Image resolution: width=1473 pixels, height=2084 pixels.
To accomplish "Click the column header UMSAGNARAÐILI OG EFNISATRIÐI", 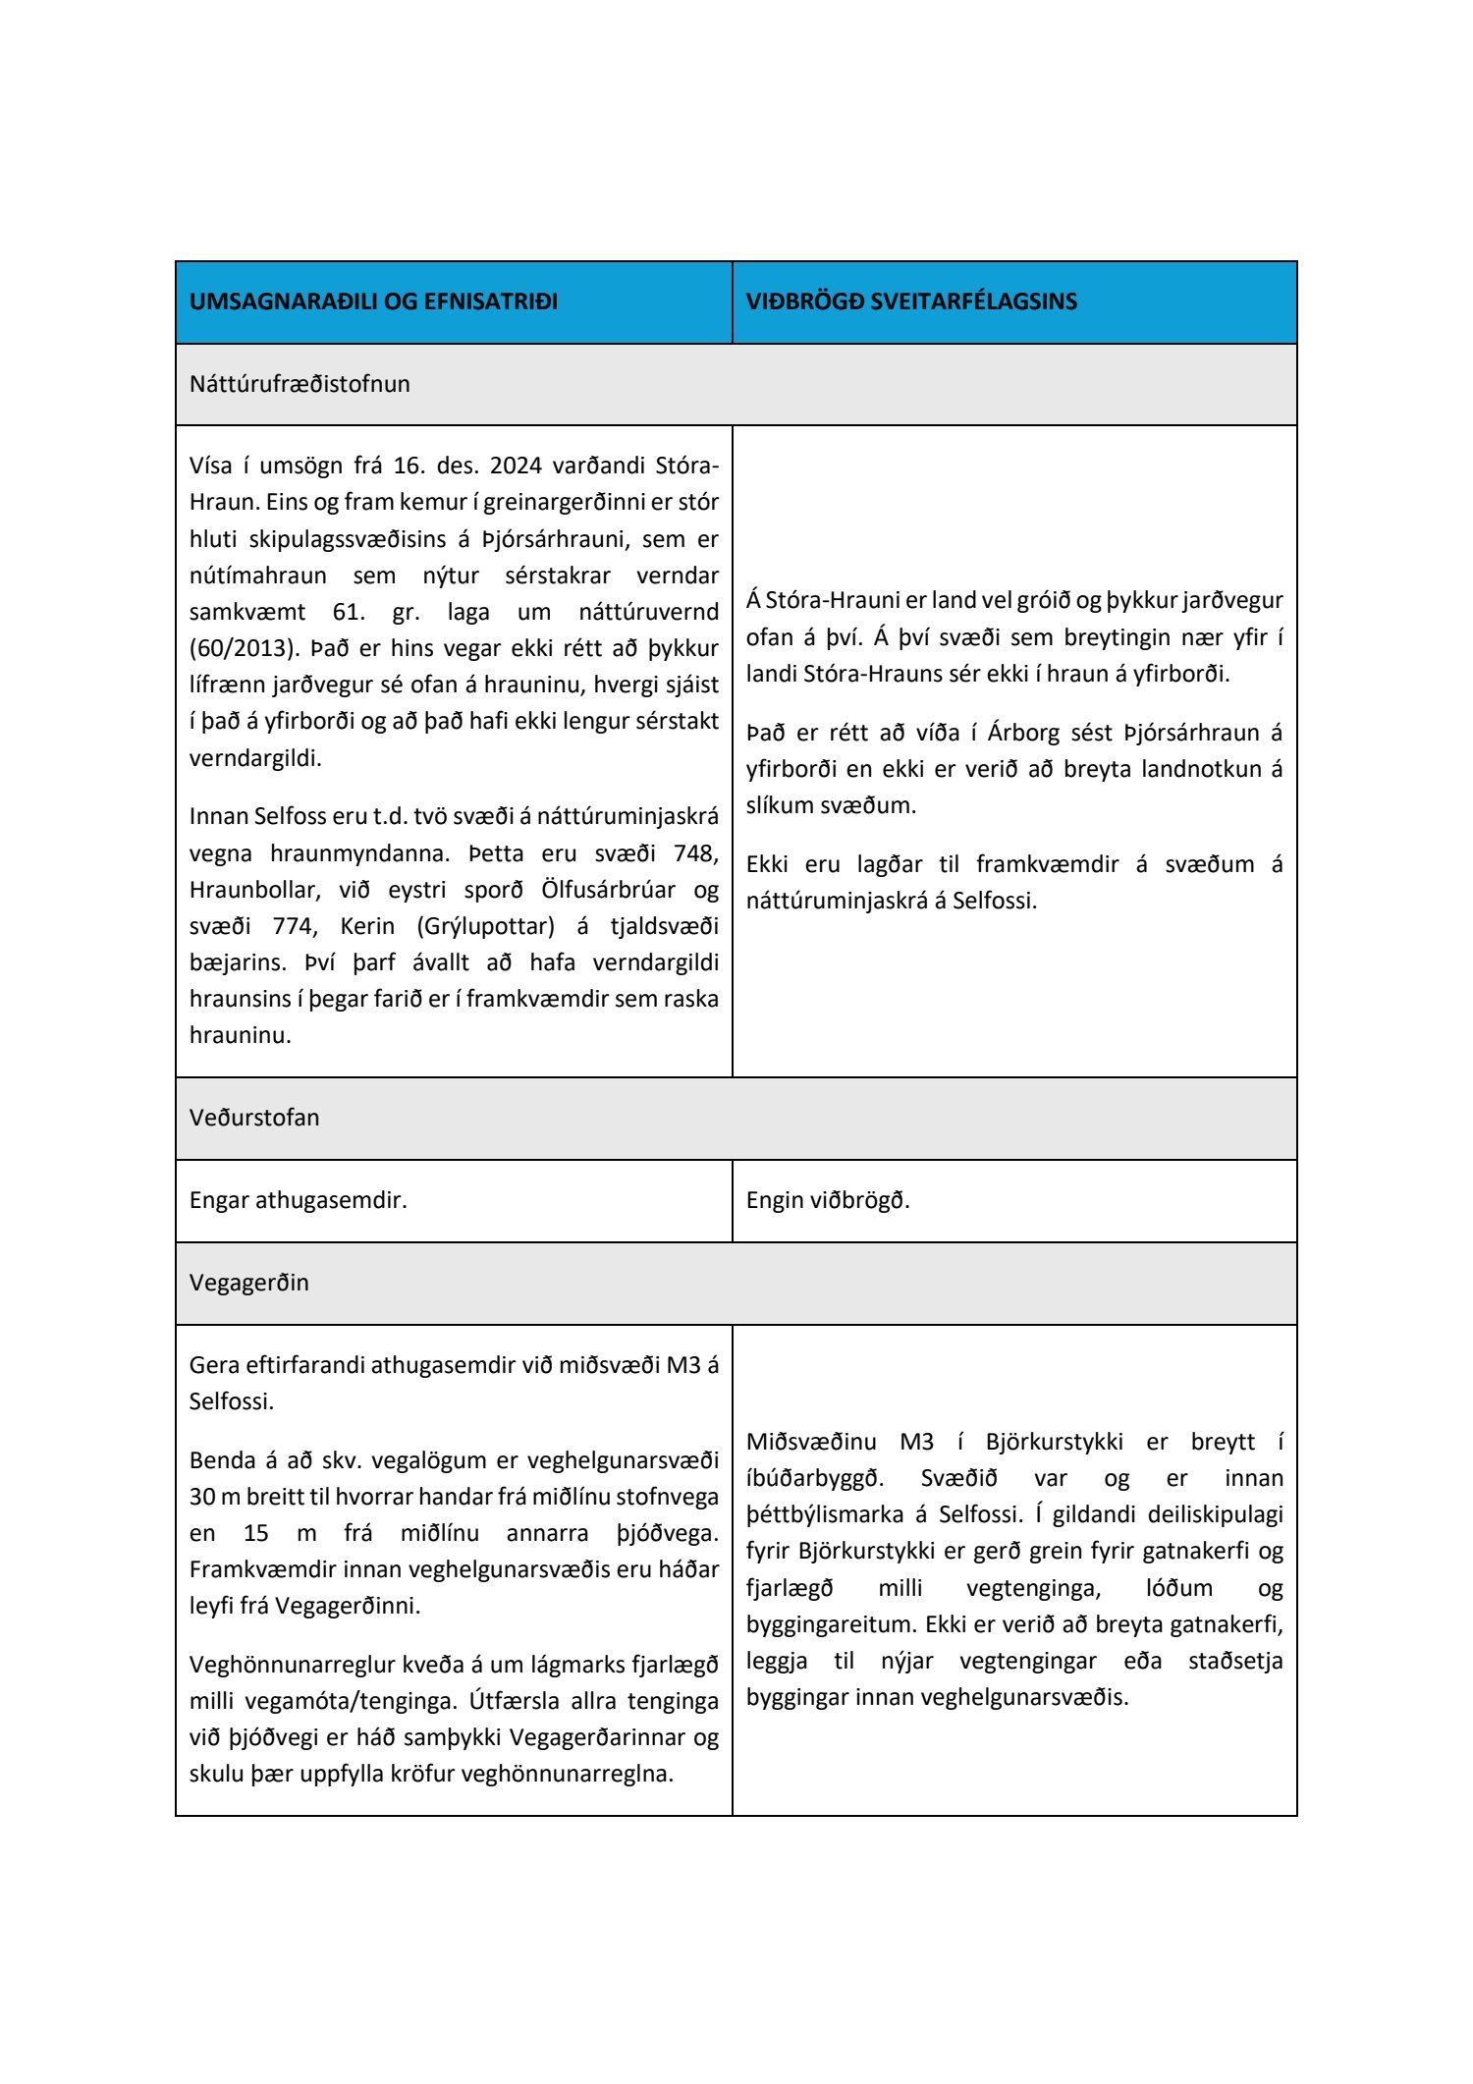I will coord(373,302).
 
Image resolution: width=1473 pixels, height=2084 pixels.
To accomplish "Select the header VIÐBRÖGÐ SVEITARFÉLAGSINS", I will coord(910,302).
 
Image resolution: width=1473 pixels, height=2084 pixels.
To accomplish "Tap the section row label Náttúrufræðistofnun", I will coord(300,384).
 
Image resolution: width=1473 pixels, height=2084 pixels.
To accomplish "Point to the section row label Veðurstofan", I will coord(254,1118).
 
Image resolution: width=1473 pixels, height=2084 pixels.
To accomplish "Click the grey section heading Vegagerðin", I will coord(248,1283).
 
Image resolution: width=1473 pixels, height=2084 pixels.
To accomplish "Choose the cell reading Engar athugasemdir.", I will coord(298,1200).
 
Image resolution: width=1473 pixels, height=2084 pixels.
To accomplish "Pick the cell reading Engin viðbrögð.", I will coord(828,1200).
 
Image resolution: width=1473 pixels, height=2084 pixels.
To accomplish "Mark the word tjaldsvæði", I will coord(659,926).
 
